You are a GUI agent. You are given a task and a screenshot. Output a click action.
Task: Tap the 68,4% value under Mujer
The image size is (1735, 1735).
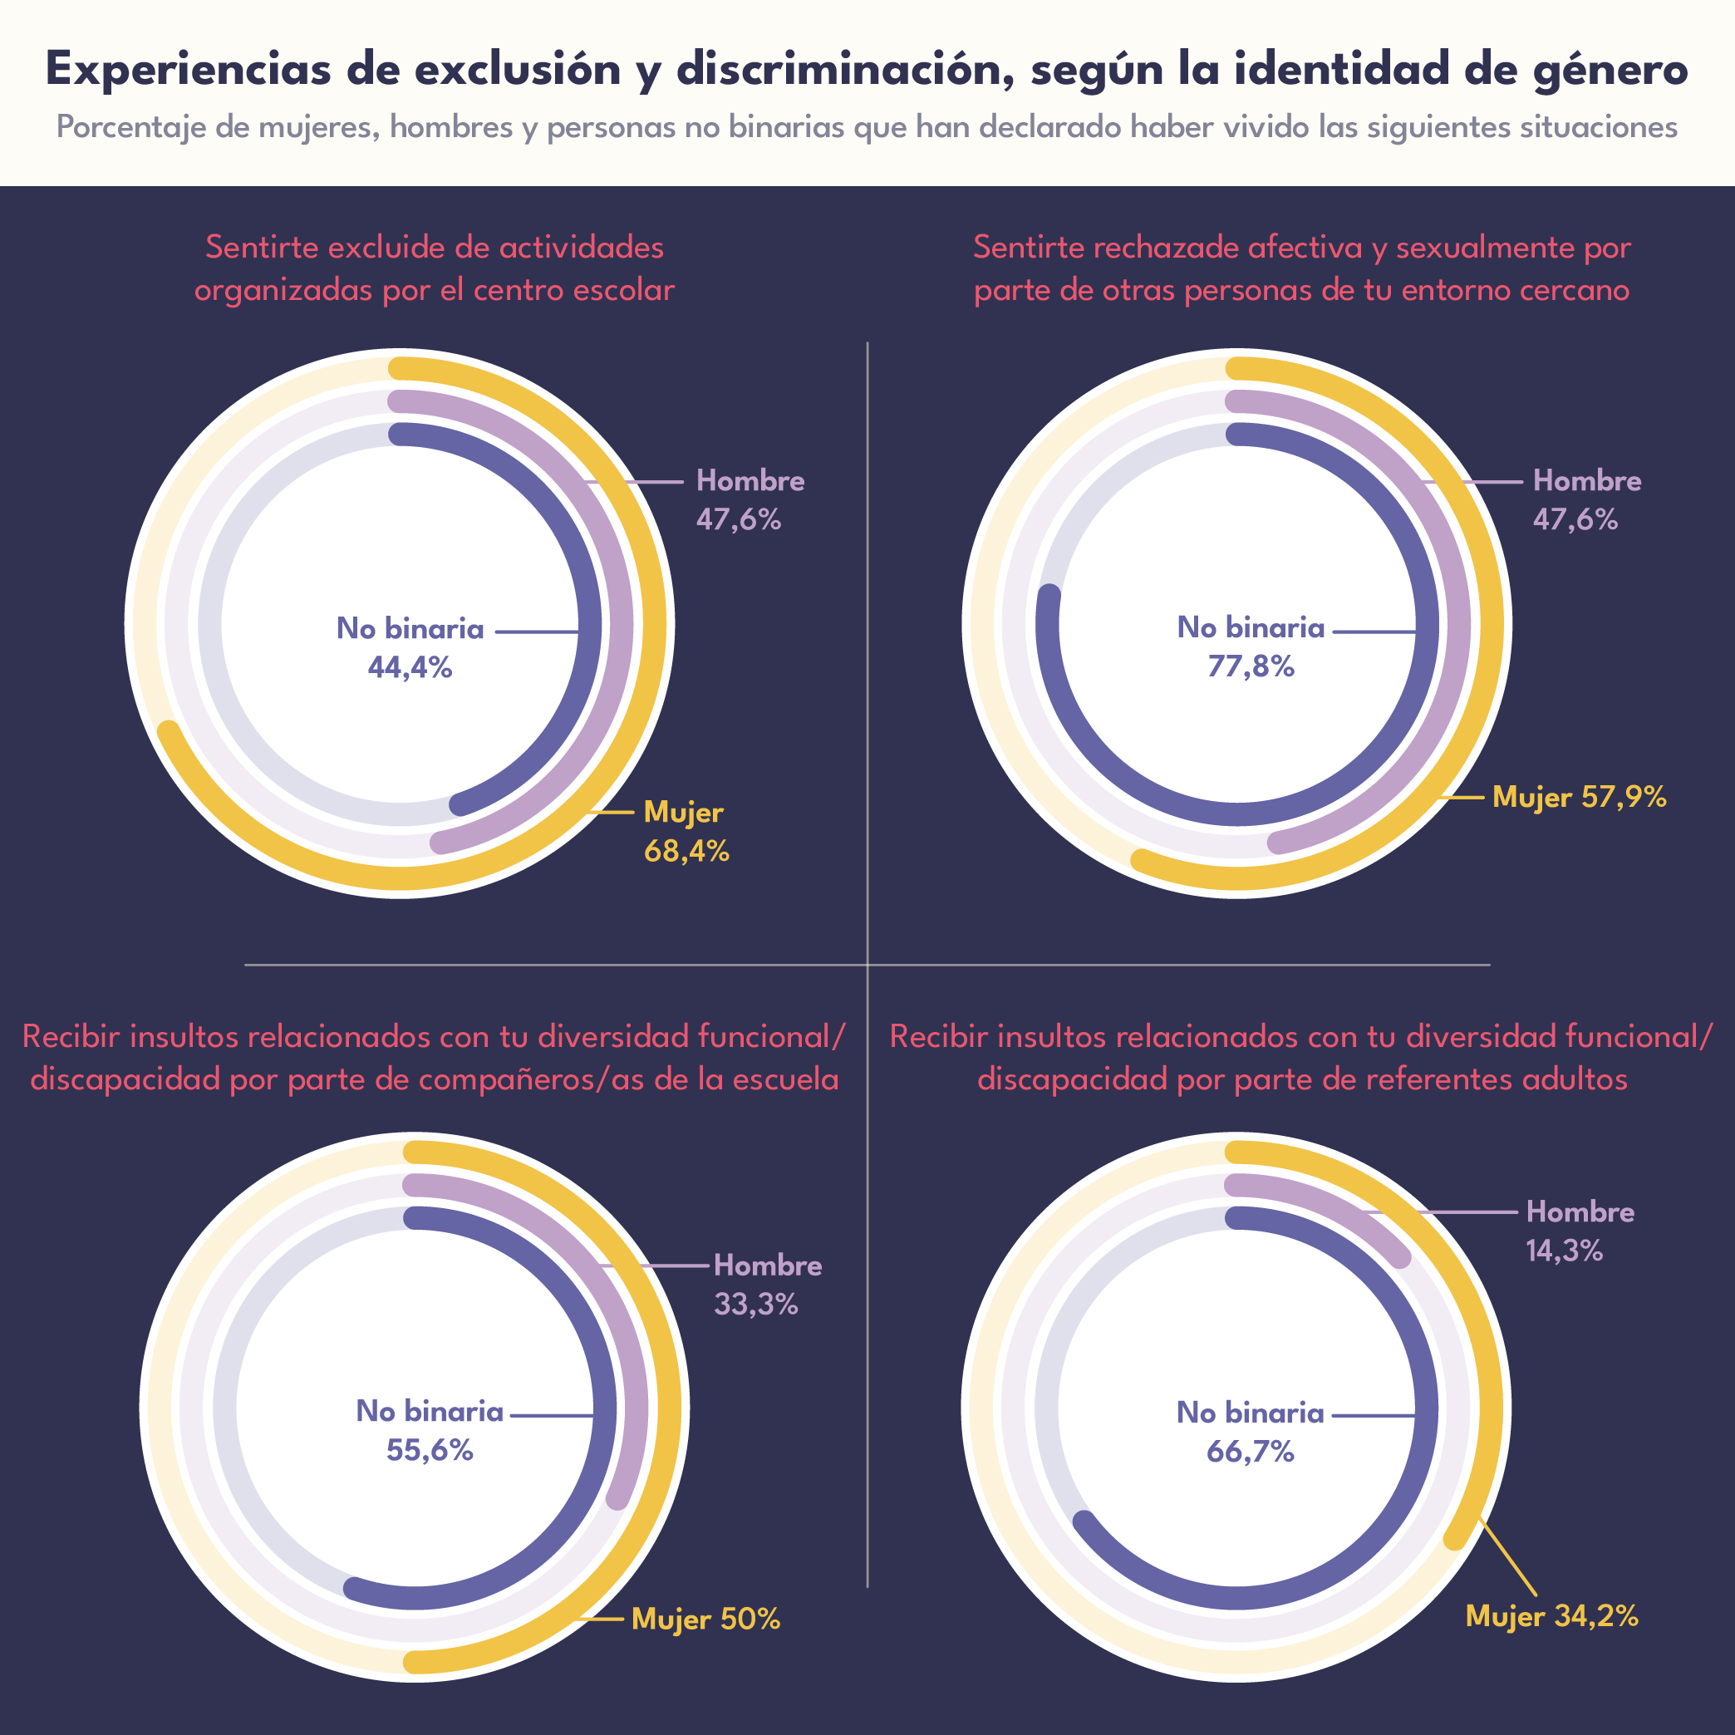click(x=686, y=852)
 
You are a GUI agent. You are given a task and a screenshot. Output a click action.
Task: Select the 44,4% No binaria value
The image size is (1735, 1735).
click(x=410, y=667)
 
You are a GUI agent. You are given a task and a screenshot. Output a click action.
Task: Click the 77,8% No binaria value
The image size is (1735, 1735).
click(x=1250, y=666)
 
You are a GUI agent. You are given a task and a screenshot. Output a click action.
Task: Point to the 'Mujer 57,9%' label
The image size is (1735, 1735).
click(x=1579, y=797)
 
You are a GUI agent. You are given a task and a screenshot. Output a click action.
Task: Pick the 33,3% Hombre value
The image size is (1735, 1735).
click(x=755, y=1304)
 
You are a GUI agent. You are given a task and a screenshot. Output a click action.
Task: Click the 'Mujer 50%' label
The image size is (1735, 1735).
click(x=705, y=1619)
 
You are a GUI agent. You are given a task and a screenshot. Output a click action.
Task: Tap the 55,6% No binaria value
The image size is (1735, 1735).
click(x=430, y=1450)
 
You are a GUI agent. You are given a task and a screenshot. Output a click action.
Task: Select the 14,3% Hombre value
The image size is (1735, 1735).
click(x=1564, y=1250)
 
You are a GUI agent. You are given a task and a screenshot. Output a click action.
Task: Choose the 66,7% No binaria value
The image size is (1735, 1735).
click(x=1250, y=1451)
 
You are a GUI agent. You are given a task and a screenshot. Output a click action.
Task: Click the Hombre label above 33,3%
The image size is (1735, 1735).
click(x=768, y=1266)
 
